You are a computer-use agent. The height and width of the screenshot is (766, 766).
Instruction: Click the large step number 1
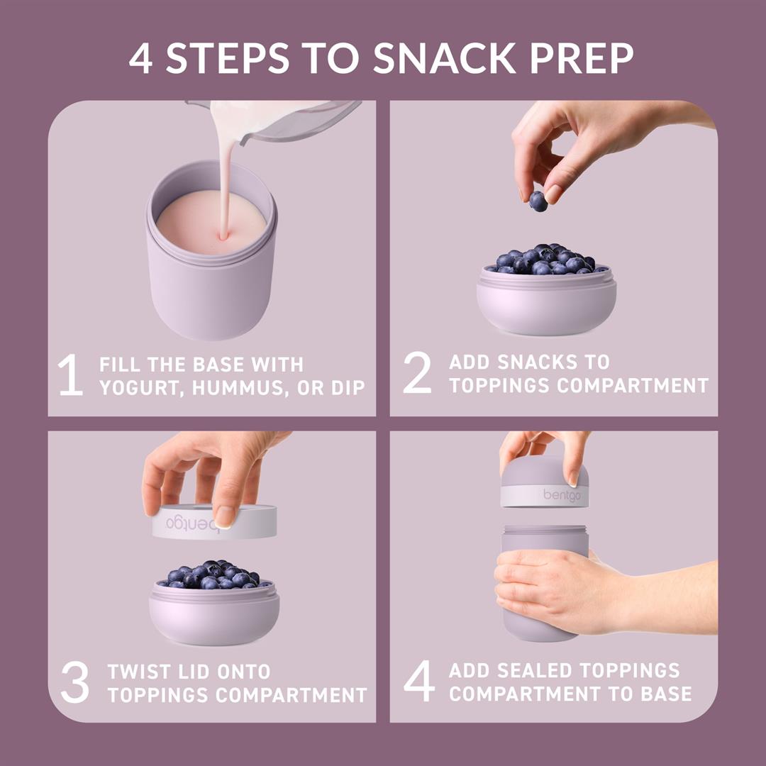70,376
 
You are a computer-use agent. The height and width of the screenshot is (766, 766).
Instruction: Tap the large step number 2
417,374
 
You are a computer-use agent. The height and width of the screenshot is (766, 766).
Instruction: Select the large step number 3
74,682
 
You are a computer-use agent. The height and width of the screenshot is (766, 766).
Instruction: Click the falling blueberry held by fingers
538,201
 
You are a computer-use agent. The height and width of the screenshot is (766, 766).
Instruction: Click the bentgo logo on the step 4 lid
562,494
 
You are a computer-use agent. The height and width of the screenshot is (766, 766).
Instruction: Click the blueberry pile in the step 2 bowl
545,260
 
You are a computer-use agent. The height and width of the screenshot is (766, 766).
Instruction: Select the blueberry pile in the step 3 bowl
213,574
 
